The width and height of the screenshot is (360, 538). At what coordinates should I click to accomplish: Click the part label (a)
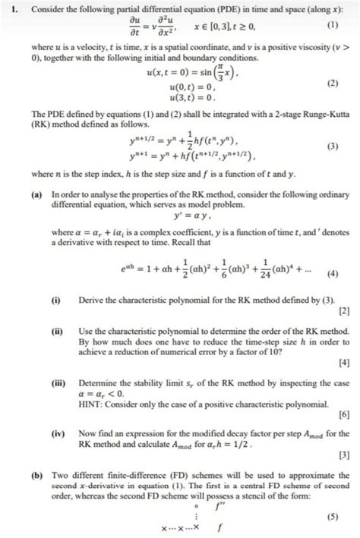(36, 195)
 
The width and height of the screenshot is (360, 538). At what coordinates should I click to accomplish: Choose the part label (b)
(36, 473)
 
